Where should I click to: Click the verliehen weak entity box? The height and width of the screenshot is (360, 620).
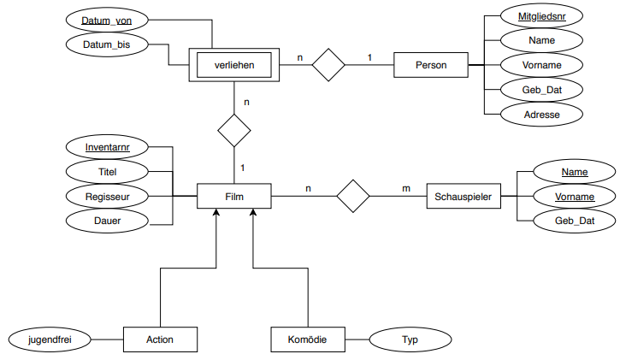click(234, 65)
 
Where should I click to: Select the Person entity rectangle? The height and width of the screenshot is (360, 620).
click(431, 65)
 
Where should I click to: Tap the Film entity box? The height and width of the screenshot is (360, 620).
click(234, 196)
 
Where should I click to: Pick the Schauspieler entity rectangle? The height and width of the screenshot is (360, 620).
click(464, 196)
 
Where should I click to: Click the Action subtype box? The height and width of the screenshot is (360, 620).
click(160, 339)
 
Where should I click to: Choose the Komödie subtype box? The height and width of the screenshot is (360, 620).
click(308, 339)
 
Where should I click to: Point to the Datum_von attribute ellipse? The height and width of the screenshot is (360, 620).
click(107, 21)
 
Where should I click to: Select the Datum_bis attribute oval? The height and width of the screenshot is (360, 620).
click(107, 44)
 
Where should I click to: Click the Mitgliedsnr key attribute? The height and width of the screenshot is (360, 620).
click(541, 16)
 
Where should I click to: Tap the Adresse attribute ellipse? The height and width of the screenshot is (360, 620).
click(541, 115)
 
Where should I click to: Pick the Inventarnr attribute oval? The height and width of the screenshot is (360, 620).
click(107, 147)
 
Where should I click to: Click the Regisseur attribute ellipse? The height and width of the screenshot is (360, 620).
click(107, 197)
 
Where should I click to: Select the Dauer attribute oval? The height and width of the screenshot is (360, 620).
click(107, 221)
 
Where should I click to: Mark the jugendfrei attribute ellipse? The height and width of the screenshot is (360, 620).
click(50, 339)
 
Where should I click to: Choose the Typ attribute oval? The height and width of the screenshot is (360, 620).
click(410, 339)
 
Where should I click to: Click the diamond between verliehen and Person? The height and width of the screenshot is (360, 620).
click(328, 65)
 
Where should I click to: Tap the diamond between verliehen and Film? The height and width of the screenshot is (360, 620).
click(234, 131)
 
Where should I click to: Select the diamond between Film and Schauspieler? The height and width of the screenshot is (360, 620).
click(352, 196)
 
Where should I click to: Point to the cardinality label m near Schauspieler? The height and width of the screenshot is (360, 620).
click(406, 188)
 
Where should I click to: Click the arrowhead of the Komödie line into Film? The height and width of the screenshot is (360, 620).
click(253, 212)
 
